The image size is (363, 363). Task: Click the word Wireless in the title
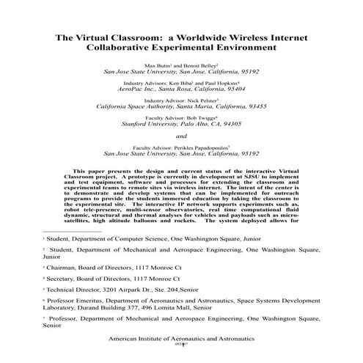pyautogui.click(x=251, y=36)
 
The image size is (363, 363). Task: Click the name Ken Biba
pyautogui.click(x=179, y=84)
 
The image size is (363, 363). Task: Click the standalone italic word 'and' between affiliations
pyautogui.click(x=181, y=136)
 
